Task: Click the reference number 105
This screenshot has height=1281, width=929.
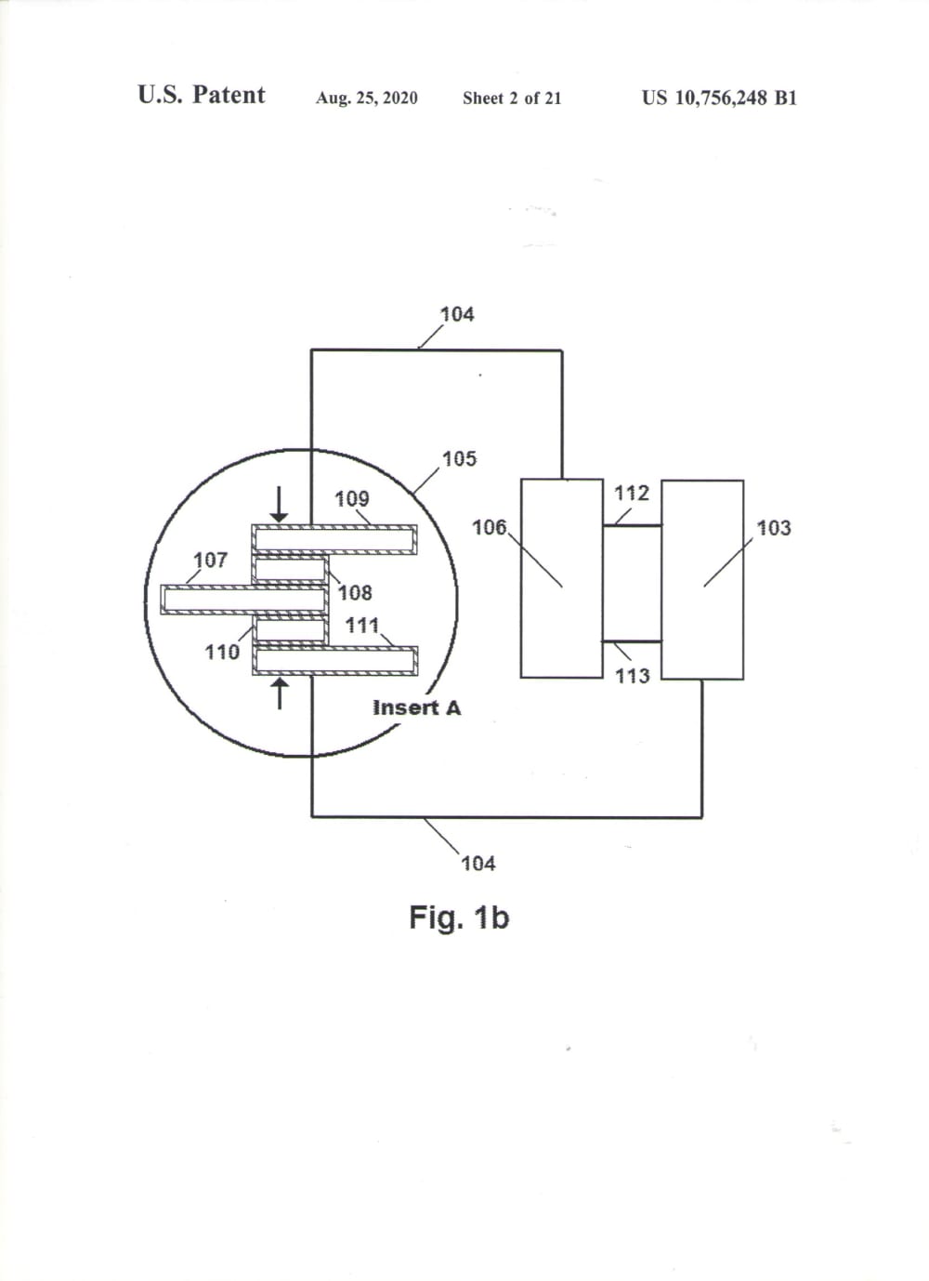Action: coord(459,458)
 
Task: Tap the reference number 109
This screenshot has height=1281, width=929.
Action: coord(351,499)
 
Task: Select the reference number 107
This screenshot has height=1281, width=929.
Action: coord(210,560)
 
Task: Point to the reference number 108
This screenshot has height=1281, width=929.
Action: coord(355,592)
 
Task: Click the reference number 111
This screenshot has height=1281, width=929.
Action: coord(362,626)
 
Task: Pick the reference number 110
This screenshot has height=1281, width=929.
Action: coord(222,652)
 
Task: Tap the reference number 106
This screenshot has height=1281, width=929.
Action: coord(489,528)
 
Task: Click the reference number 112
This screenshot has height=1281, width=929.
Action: coord(632,493)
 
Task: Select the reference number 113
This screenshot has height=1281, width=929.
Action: coord(632,676)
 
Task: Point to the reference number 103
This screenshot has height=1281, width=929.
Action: coord(773,528)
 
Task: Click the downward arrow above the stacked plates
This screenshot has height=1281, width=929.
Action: coord(279,503)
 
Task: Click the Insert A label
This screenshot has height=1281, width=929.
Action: coord(416,707)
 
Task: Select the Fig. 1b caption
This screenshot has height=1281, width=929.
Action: coord(459,918)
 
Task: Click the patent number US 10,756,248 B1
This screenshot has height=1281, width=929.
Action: coord(718,98)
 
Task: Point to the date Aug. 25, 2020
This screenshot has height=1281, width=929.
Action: coord(366,98)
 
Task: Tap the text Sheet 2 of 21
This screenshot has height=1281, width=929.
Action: coord(512,98)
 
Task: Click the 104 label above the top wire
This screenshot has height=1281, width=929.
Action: coord(456,314)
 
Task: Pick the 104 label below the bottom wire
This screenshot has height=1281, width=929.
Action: coord(478,864)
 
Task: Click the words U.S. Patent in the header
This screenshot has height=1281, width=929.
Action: coord(201,95)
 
